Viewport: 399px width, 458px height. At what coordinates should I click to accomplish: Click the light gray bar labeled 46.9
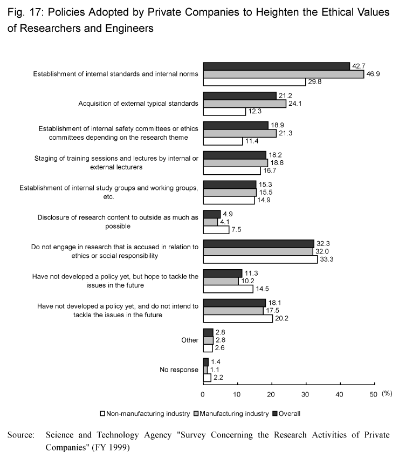(x=284, y=74)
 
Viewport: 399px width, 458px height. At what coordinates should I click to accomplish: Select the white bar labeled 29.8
(x=254, y=82)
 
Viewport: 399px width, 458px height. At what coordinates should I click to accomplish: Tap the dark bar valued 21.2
(x=239, y=96)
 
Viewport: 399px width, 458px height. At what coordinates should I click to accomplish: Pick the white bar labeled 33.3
(x=260, y=259)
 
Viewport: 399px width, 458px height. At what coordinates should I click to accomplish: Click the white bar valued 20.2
(x=238, y=318)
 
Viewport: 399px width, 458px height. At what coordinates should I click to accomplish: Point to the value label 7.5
(x=236, y=230)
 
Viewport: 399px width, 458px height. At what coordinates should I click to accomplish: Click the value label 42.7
(x=359, y=66)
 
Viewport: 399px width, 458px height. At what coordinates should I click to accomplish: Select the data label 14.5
(x=262, y=289)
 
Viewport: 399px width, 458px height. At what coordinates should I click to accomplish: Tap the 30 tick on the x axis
(x=306, y=384)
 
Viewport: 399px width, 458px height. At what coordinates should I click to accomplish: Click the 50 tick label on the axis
(x=373, y=395)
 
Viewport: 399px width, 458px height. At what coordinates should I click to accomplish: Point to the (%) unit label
(x=387, y=393)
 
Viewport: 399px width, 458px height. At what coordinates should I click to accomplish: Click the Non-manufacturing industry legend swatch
(x=102, y=414)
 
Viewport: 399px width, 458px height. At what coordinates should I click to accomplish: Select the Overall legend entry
(x=286, y=414)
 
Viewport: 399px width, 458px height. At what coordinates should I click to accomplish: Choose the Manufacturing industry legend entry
(x=231, y=414)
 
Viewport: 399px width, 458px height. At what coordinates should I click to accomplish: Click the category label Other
(x=190, y=340)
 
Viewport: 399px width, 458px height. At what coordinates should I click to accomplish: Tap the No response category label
(x=179, y=370)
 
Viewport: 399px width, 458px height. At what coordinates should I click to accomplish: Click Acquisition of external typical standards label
(x=138, y=104)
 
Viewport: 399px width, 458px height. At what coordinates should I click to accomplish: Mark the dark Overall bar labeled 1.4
(x=206, y=362)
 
